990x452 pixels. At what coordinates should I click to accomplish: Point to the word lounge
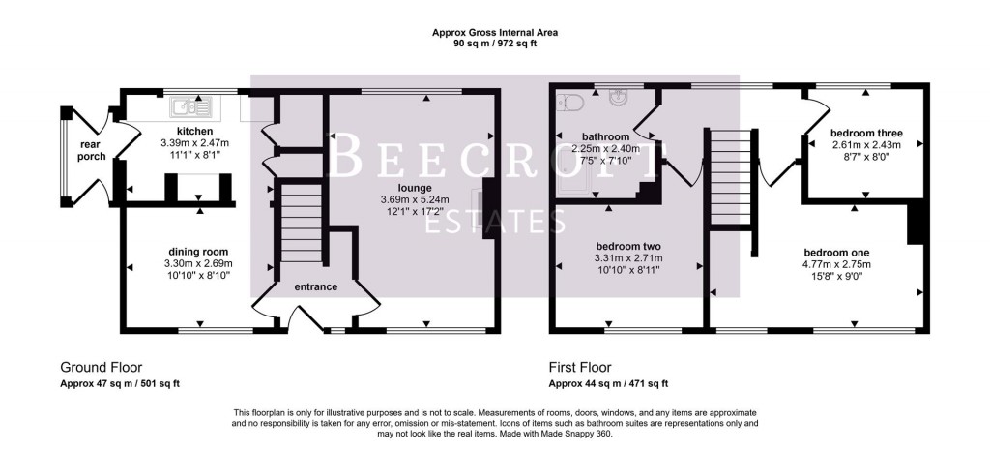tap(412, 187)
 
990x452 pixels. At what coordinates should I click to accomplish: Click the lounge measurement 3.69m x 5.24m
tap(412, 199)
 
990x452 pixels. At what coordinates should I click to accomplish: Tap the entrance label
tap(315, 286)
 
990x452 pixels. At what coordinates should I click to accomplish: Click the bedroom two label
tap(627, 247)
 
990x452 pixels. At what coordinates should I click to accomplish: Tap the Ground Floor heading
tap(101, 368)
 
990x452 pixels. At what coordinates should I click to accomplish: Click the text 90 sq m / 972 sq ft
tap(495, 45)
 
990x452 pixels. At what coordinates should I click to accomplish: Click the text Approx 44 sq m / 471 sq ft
tap(608, 383)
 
